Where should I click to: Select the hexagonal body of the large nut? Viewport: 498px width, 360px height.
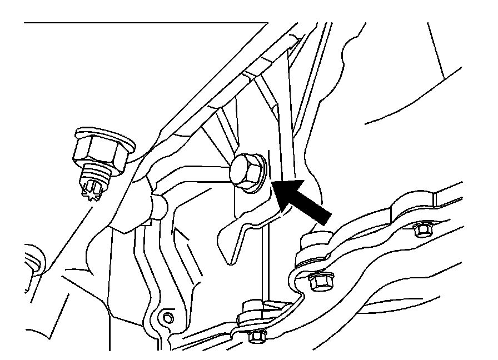click(x=97, y=149)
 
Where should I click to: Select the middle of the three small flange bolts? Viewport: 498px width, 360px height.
click(x=319, y=282)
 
